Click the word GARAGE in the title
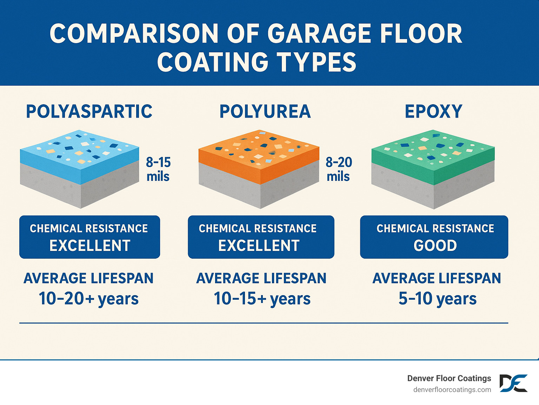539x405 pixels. [319, 34]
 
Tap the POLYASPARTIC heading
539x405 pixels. [89, 112]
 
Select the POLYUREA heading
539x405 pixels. [265, 112]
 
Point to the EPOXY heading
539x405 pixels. [433, 112]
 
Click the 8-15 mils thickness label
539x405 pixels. [158, 169]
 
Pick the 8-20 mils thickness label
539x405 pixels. [339, 169]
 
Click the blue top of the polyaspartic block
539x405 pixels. [79, 147]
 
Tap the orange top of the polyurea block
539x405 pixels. [259, 147]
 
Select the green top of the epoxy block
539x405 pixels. [433, 147]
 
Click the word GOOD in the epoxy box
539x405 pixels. [435, 245]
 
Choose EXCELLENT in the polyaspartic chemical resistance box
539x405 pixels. [90, 245]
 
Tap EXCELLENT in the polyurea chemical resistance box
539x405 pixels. [259, 245]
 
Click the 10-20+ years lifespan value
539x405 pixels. [89, 299]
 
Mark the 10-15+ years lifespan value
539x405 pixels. [262, 299]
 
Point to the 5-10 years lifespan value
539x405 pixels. [437, 299]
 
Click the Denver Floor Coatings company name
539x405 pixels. [449, 378]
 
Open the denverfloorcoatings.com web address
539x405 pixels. [452, 390]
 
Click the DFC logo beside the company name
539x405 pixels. [513, 383]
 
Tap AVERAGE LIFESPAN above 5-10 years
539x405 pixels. [437, 278]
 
